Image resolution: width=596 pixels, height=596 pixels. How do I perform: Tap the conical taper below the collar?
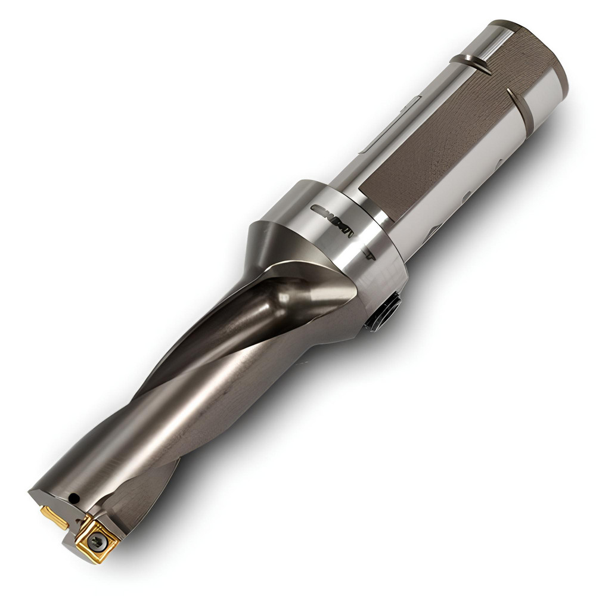280,238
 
